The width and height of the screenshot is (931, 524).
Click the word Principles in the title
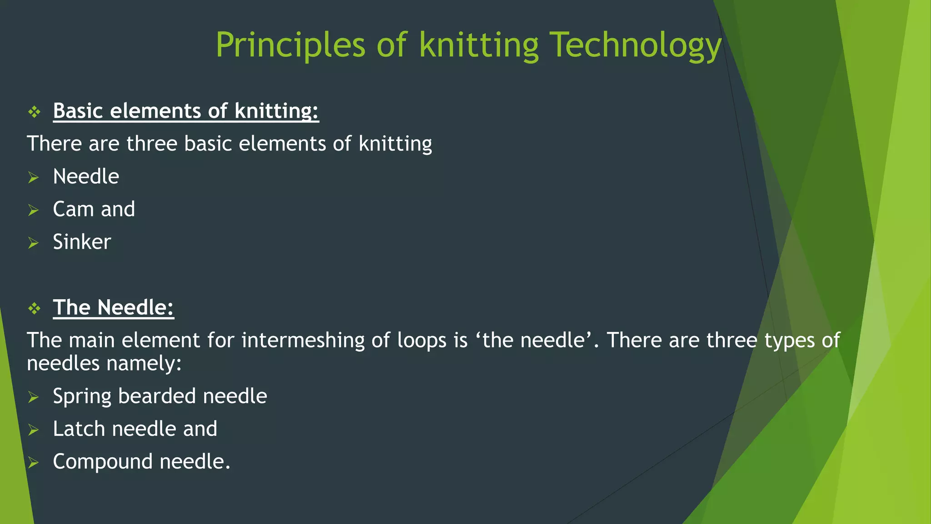coord(290,45)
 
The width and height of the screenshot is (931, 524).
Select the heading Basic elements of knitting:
coord(186,111)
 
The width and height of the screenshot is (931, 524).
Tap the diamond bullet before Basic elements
coord(35,112)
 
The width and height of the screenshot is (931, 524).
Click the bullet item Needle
coord(86,176)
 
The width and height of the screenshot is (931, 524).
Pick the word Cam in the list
coord(73,209)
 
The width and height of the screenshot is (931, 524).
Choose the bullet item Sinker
coord(82,242)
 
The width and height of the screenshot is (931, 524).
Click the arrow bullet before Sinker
coord(33,243)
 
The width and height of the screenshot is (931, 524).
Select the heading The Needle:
coord(113,307)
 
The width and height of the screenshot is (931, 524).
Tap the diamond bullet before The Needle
coord(35,309)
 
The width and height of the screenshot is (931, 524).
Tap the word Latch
coord(79,429)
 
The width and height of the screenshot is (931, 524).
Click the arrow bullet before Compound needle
coord(33,463)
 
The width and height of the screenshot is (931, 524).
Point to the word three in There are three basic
coord(152,144)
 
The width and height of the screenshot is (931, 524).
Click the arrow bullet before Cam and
coord(33,210)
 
